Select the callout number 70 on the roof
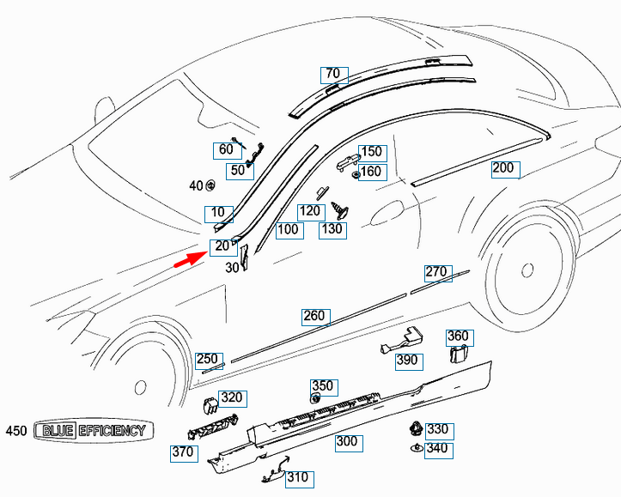[x=332, y=74]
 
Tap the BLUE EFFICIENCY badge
[x=89, y=431]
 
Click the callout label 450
[x=16, y=431]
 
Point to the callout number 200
[x=502, y=168]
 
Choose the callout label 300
[x=347, y=442]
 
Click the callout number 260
[x=314, y=316]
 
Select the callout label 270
[x=436, y=272]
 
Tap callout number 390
[x=407, y=361]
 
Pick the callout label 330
[x=437, y=429]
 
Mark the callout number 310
[x=297, y=477]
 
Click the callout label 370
[x=182, y=452]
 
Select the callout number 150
[x=371, y=152]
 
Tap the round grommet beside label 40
[x=210, y=185]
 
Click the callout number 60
[x=226, y=149]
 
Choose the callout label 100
[x=288, y=229]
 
